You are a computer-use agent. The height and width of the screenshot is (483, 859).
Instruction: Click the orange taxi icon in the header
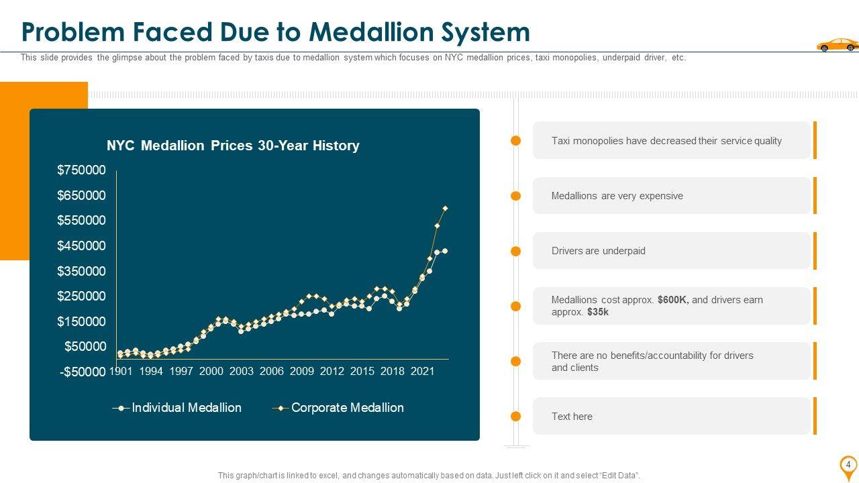point(836,44)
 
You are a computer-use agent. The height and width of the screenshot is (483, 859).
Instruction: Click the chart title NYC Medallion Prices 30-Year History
point(233,146)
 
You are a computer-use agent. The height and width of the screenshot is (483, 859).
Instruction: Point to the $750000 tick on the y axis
point(81,170)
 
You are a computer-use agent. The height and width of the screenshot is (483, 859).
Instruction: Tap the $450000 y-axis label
point(81,246)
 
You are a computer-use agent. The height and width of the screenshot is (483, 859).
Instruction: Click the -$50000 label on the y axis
point(83,372)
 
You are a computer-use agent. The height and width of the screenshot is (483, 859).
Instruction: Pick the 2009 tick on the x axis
point(302,371)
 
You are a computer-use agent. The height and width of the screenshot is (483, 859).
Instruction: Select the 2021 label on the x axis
point(423,371)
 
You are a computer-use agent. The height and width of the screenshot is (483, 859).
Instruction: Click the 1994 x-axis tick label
point(151,371)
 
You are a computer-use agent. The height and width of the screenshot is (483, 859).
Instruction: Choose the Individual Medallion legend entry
point(186,408)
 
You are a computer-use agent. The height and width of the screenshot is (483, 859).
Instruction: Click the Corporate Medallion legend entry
point(347,408)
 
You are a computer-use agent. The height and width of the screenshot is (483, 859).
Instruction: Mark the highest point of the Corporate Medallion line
point(445,208)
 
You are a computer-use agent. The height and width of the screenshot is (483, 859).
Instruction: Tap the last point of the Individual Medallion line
point(445,251)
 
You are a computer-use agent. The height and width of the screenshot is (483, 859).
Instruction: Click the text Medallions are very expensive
point(617,196)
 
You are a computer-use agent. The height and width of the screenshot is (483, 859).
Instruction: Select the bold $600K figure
point(673,300)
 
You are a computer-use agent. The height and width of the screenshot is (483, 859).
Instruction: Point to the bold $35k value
point(597,312)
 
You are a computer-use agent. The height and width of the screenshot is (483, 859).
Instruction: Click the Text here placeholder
point(572,417)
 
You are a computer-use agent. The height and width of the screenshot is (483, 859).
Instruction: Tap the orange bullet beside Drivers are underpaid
point(515,251)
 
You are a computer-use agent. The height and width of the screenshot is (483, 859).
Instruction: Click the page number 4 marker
point(848,465)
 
